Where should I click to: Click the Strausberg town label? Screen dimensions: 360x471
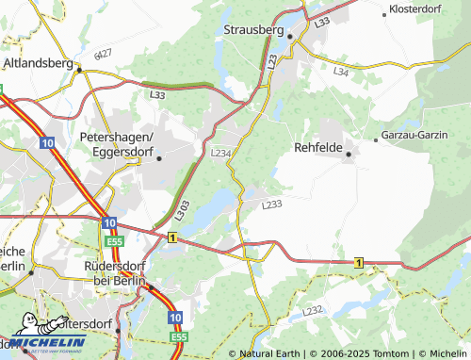pyautogui.click(x=254, y=29)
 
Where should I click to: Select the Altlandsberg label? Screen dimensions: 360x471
pyautogui.click(x=39, y=63)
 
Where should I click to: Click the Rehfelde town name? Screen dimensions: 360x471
pyautogui.click(x=319, y=148)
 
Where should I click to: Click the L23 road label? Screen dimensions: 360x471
pyautogui.click(x=272, y=61)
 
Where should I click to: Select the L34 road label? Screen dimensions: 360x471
pyautogui.click(x=340, y=71)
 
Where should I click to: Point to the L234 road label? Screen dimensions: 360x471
pyautogui.click(x=221, y=152)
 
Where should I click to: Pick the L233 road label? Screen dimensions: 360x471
pyautogui.click(x=272, y=204)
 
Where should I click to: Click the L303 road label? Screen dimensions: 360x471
pyautogui.click(x=182, y=209)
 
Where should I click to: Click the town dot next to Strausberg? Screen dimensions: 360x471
pyautogui.click(x=291, y=36)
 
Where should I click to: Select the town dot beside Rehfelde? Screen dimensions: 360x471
pyautogui.click(x=349, y=154)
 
